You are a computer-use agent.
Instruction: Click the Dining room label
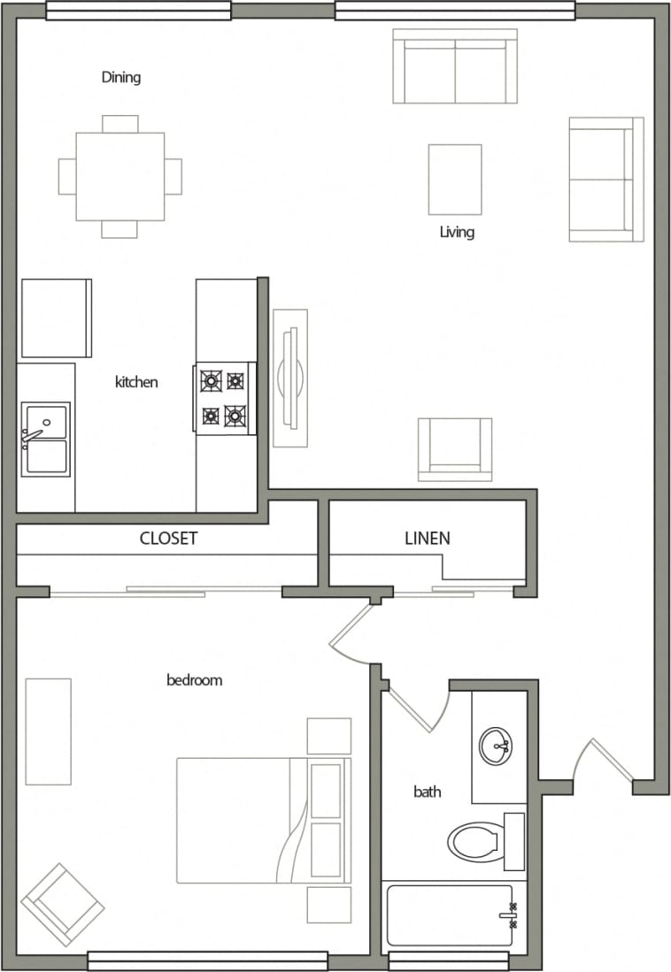[x=121, y=78]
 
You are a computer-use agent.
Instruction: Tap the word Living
[x=457, y=233]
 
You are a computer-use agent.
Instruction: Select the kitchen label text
[x=136, y=382]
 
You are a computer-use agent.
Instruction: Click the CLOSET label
[x=168, y=538]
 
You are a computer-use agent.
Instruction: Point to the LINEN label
[x=428, y=538]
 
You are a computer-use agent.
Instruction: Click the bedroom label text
[x=194, y=680]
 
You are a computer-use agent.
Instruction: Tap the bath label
[x=428, y=792]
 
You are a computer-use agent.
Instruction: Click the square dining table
[x=120, y=176]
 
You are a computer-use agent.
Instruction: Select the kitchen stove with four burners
[x=223, y=398]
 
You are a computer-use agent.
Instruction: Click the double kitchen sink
[x=46, y=440]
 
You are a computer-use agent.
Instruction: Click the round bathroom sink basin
[x=497, y=746]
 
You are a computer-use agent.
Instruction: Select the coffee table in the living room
[x=455, y=180]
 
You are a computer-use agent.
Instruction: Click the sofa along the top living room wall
[x=455, y=66]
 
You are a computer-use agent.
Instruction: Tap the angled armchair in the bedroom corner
[x=62, y=904]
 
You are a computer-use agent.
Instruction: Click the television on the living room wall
[x=290, y=378]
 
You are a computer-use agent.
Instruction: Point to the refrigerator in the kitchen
[x=56, y=318]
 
